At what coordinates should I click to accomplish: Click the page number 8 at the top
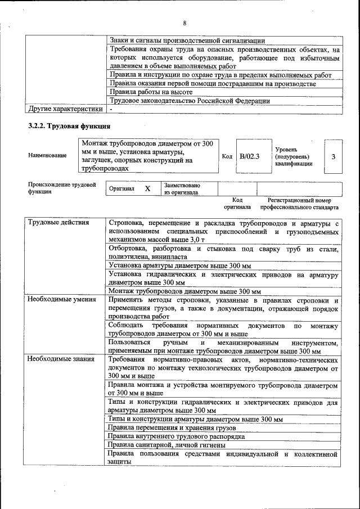tap(184, 23)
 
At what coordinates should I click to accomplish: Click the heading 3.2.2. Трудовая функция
tap(69, 125)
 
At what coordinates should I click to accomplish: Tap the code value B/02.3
tap(249, 156)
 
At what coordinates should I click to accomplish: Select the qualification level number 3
tap(333, 156)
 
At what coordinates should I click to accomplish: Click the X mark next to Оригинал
tap(147, 189)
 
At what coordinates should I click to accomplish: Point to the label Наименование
tap(47, 155)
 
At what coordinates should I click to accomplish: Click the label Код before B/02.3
tap(227, 156)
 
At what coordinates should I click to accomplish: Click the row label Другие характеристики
tap(66, 109)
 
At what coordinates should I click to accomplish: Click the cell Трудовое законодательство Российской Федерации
tap(189, 101)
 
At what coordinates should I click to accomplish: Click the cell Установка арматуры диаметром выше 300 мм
tap(179, 265)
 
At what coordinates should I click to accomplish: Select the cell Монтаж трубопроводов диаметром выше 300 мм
tap(184, 291)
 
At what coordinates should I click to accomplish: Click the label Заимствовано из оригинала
tap(182, 188)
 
